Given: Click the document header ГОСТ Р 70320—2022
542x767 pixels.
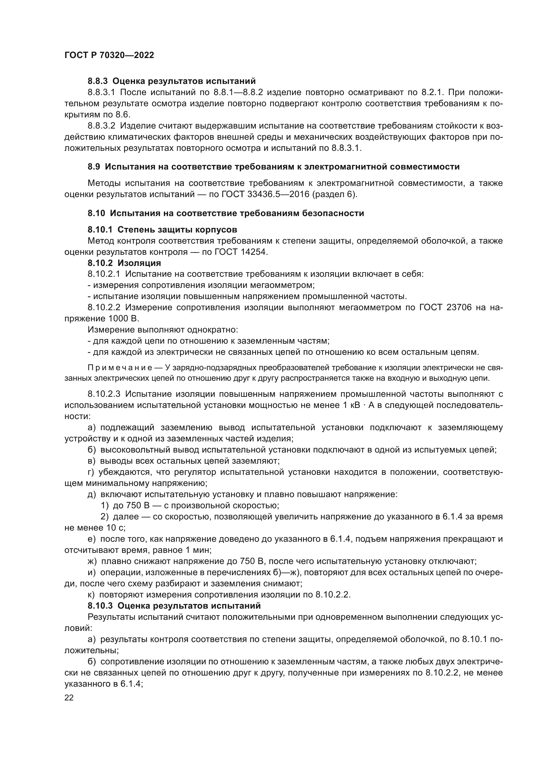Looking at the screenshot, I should pos(109,55).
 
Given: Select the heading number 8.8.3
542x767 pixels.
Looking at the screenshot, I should pos(98,81).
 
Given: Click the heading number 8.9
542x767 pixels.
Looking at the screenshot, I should pos(94,167).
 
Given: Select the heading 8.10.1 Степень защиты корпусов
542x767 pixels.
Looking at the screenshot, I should pos(162,230).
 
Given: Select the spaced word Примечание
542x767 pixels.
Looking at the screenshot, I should pos(120,368).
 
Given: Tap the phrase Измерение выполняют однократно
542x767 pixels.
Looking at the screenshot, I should pos(163,330).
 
